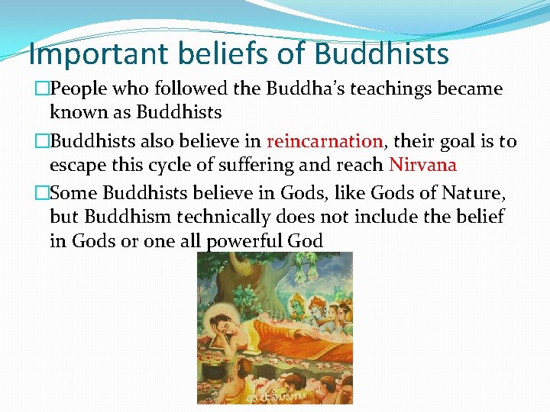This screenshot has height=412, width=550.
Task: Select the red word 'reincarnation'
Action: click(325, 141)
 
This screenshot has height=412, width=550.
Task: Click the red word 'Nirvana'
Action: click(422, 165)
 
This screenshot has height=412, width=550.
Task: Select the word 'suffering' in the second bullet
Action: click(244, 165)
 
